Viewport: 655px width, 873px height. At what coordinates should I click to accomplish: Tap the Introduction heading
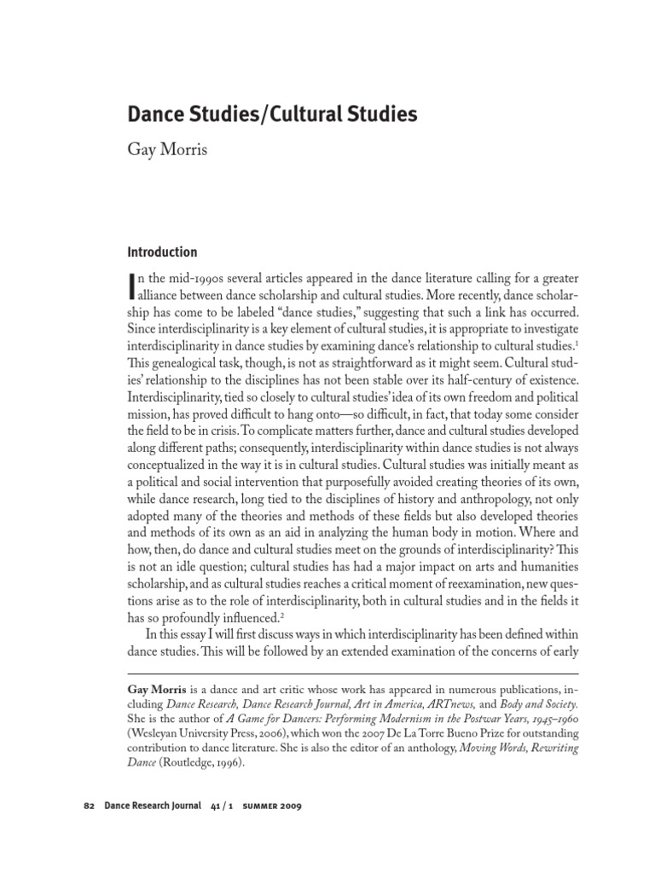coord(162,252)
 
